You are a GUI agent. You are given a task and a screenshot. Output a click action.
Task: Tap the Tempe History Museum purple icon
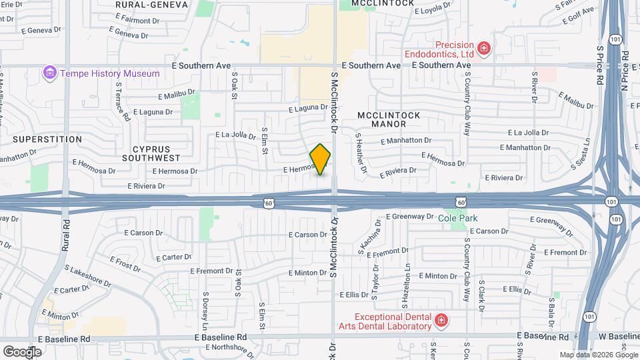pyautogui.click(x=49, y=73)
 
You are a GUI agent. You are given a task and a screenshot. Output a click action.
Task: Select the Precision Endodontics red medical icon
pyautogui.click(x=484, y=47)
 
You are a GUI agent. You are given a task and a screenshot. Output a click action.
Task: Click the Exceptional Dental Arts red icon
pyautogui.click(x=440, y=322)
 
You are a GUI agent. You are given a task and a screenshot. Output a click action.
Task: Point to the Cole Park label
pyautogui.click(x=458, y=218)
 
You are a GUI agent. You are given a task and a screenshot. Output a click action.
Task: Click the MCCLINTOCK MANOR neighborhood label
pyautogui.click(x=389, y=119)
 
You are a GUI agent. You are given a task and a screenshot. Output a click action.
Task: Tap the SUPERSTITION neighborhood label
pyautogui.click(x=47, y=139)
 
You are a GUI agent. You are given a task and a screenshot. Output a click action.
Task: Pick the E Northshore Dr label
pyautogui.click(x=217, y=347)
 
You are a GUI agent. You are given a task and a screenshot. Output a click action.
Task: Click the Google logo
pyautogui.click(x=22, y=351)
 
